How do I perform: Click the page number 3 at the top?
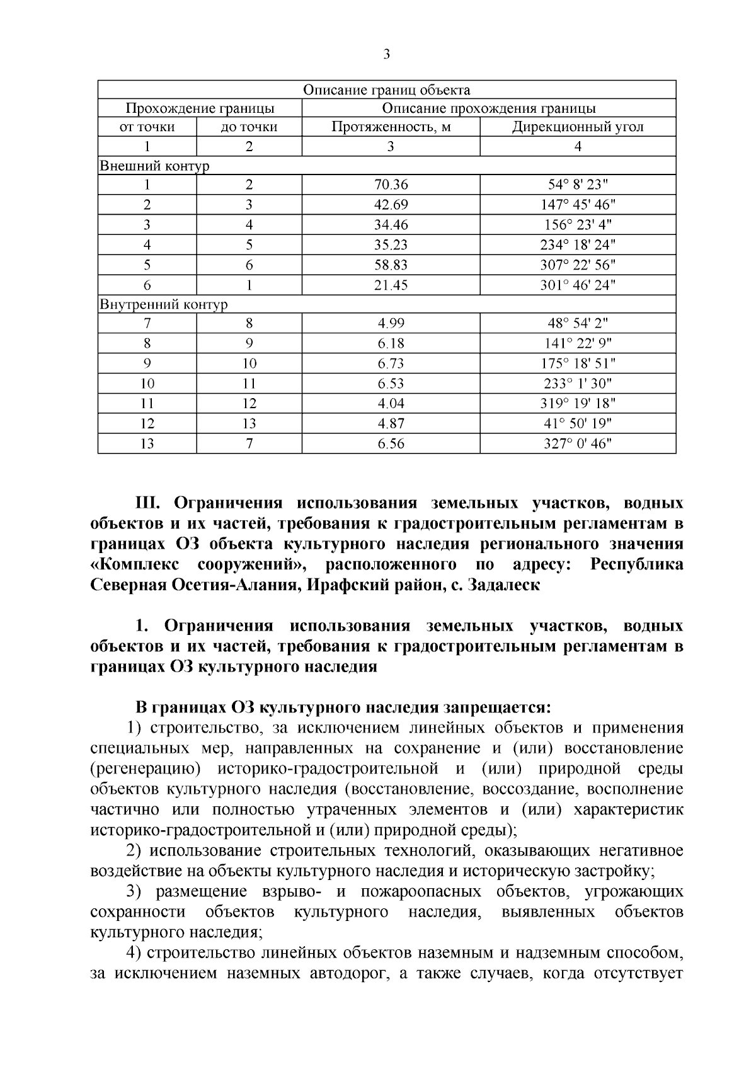(x=386, y=55)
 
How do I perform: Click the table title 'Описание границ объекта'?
(x=386, y=90)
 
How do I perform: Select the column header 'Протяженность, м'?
(x=391, y=127)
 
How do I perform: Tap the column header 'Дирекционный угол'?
(x=577, y=127)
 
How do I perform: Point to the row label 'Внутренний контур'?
(x=164, y=305)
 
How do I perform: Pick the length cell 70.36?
(x=391, y=185)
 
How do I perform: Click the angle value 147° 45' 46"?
(x=578, y=205)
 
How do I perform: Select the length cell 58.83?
(x=391, y=265)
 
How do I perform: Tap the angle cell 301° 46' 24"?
(x=578, y=285)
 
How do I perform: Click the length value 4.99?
(x=391, y=324)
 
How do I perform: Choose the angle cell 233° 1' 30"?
(x=578, y=384)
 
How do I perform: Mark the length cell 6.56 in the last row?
(x=391, y=443)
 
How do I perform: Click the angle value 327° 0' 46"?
(x=578, y=443)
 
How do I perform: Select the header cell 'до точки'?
(x=249, y=127)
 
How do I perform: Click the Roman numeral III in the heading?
(x=150, y=503)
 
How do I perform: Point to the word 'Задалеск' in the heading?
(x=505, y=585)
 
